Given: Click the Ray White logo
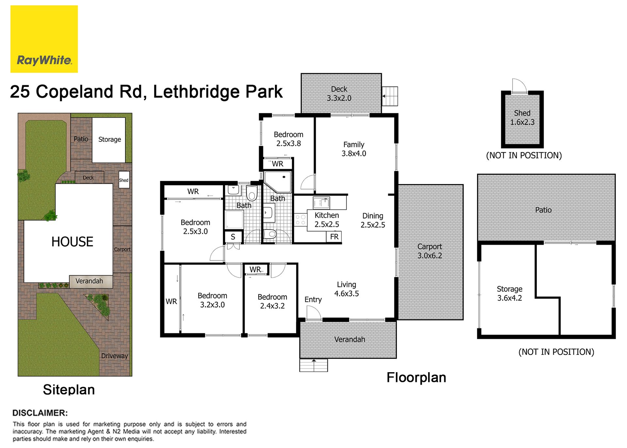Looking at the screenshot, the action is tap(44, 39).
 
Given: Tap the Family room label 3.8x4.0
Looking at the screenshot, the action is tap(354, 149).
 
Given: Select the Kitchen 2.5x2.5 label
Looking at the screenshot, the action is tap(327, 220).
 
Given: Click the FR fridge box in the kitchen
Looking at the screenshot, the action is tap(334, 237).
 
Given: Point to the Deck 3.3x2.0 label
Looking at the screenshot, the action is tap(339, 93).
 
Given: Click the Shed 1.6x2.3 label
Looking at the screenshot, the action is tap(522, 118).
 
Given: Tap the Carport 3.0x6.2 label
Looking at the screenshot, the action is tap(429, 251).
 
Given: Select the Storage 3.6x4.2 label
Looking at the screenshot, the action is tap(509, 293).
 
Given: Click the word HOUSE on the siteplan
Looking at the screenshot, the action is tap(72, 242).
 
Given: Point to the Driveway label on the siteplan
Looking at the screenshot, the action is tap(114, 356).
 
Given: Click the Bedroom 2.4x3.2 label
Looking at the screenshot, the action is tap(272, 301).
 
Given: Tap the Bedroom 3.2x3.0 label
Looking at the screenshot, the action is tap(212, 300).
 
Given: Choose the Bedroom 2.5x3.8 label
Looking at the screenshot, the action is tap(288, 139).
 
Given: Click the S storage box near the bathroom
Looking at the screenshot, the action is tap(233, 237).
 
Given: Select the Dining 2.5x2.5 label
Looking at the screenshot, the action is tap(373, 220).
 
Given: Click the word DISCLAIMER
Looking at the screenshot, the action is tap(40, 413).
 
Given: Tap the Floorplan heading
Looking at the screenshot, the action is tap(416, 378).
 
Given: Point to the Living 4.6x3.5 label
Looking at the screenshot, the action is tap(346, 289).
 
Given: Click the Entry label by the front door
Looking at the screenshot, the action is tap(313, 300).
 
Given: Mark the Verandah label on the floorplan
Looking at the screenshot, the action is tap(349, 340).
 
